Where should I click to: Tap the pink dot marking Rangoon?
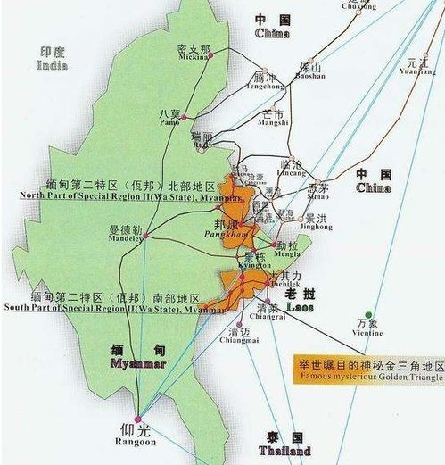[x=137, y=418]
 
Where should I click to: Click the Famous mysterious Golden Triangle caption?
[x=368, y=377]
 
